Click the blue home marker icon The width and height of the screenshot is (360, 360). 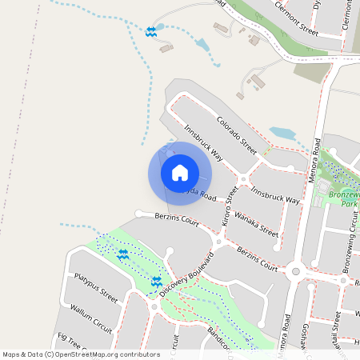click(180, 172)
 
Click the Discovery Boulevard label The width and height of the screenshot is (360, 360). click(186, 274)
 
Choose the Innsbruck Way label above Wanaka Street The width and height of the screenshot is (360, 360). click(275, 195)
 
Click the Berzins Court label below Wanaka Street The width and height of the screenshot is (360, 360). click(258, 260)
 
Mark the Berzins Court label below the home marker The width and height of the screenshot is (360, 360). click(178, 218)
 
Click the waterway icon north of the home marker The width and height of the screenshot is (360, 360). click(151, 31)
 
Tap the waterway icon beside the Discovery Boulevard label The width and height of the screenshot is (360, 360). click(157, 282)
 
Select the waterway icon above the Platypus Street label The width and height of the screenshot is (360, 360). click(123, 254)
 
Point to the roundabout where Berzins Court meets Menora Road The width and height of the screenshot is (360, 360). click(296, 271)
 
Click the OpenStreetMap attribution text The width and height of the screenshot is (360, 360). click(80, 354)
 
